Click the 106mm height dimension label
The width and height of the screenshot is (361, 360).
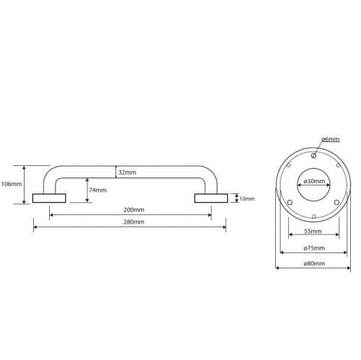12,184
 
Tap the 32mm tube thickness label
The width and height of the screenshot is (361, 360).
127,172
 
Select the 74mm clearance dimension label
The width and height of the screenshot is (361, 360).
97,190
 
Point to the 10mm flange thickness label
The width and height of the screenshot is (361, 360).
247,198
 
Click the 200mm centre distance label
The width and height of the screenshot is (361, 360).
134,210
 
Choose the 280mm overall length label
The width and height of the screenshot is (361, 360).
134,221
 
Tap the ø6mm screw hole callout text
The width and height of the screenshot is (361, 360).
331,139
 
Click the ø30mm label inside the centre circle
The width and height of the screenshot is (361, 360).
314,181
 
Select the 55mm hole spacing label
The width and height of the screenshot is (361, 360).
313,231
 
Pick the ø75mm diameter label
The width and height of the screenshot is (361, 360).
314,248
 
